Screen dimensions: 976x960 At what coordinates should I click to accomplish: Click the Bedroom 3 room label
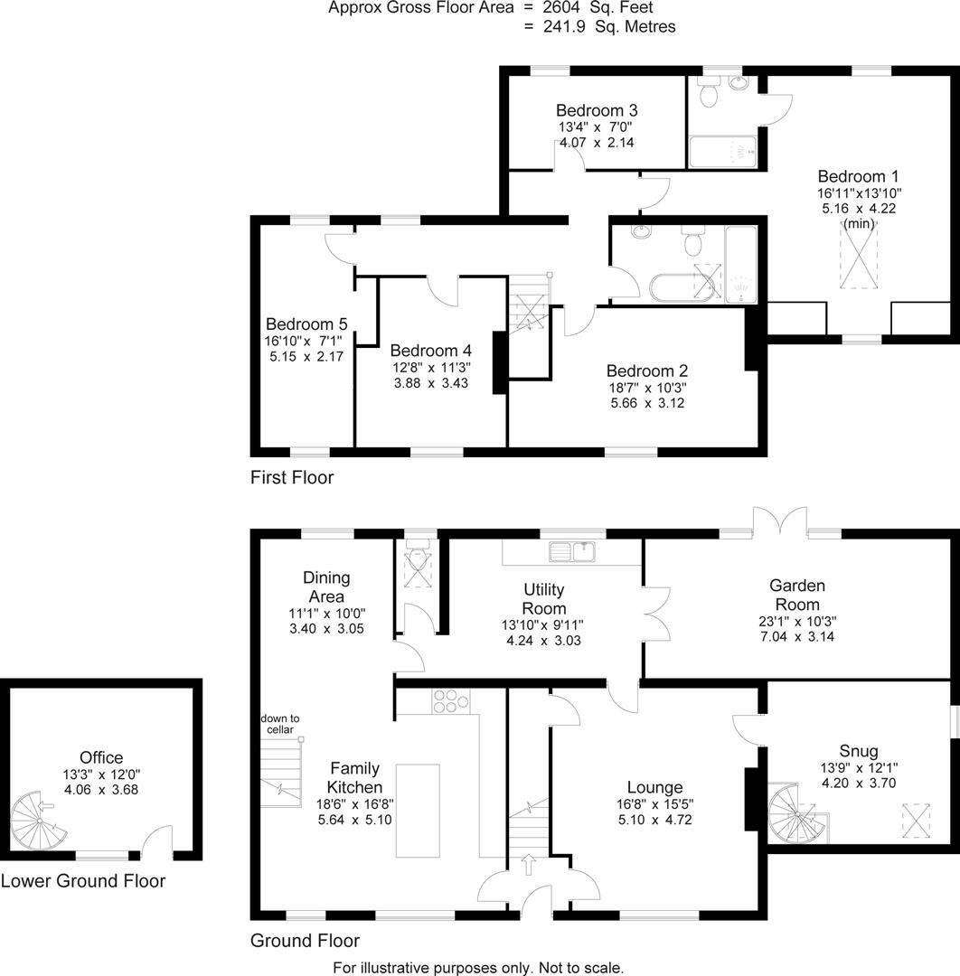pyautogui.click(x=598, y=110)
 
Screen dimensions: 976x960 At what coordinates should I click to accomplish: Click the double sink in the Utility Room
pyautogui.click(x=572, y=550)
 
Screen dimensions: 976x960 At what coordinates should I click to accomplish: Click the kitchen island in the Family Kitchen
pyautogui.click(x=419, y=810)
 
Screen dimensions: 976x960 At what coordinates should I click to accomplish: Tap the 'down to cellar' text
pyautogui.click(x=278, y=724)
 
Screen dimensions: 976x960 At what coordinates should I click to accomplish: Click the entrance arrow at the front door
pyautogui.click(x=529, y=865)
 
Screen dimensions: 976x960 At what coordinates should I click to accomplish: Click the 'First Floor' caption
pyautogui.click(x=292, y=478)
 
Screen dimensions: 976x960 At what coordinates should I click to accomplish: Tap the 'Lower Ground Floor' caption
pyautogui.click(x=83, y=880)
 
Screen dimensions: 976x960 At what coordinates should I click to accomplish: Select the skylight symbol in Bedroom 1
pyautogui.click(x=860, y=258)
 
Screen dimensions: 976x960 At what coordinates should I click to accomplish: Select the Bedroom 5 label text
pyautogui.click(x=306, y=324)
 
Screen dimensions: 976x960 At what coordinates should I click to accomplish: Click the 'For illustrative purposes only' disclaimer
pyautogui.click(x=478, y=967)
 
